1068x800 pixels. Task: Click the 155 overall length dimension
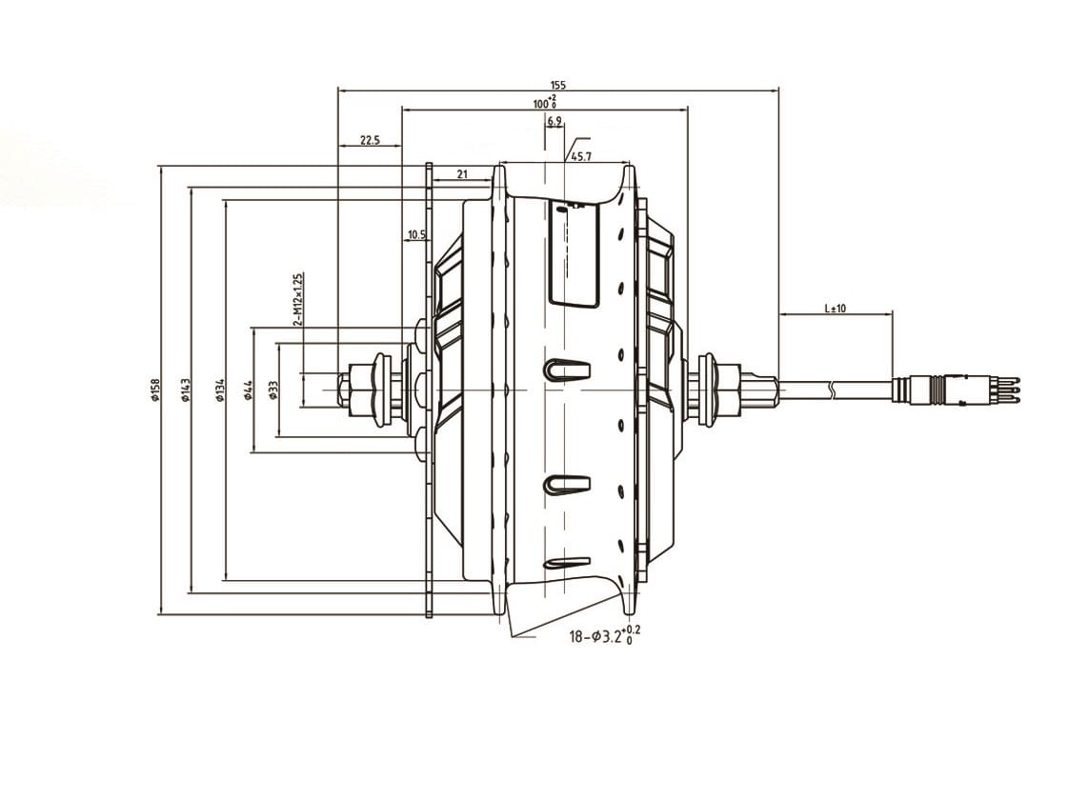(557, 85)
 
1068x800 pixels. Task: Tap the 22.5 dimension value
(370, 140)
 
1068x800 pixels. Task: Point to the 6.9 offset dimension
(554, 122)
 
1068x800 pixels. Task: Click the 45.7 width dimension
(581, 156)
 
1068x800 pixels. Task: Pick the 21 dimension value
(462, 173)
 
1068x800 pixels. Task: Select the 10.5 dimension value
(416, 234)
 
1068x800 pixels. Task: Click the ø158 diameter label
(154, 390)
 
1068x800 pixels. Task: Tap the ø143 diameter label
(186, 390)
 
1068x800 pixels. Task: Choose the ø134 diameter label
(220, 390)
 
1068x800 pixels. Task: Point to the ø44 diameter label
(248, 390)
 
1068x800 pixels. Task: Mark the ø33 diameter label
(273, 390)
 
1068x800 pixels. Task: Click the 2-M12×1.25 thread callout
(297, 300)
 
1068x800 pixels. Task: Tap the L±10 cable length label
(836, 309)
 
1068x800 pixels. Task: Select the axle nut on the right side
(728, 390)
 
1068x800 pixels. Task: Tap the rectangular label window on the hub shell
(574, 253)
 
